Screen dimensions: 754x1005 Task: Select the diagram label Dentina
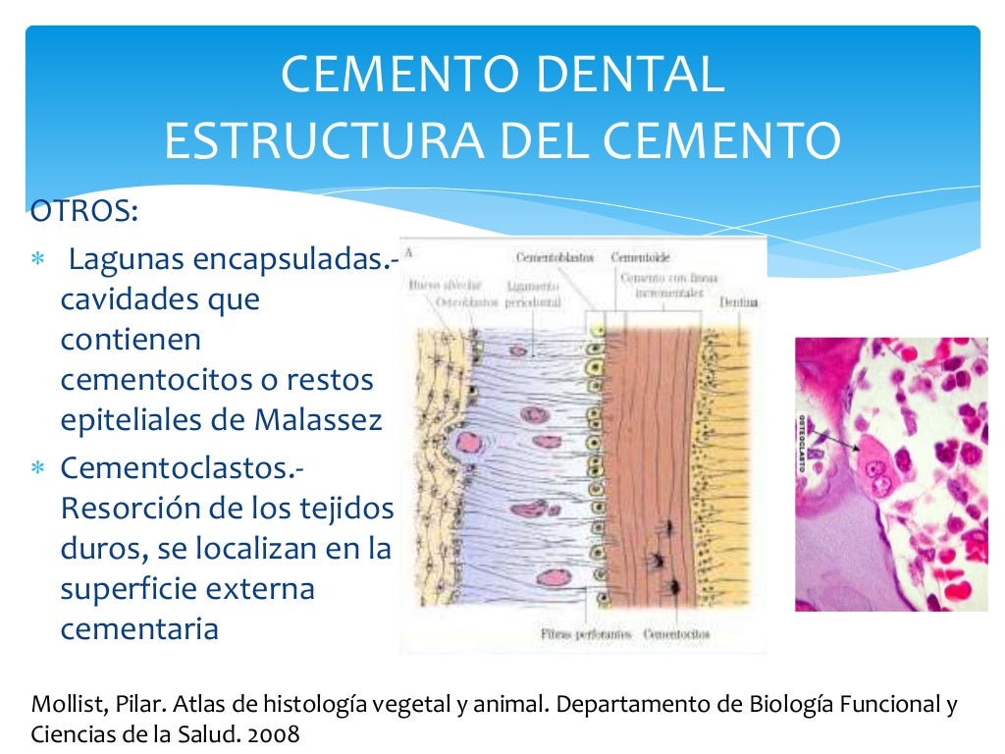737,302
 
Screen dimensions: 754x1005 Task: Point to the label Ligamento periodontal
532,295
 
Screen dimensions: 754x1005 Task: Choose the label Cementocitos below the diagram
676,633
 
